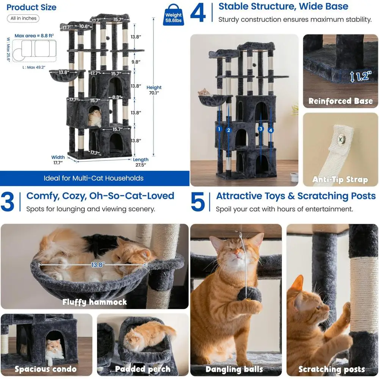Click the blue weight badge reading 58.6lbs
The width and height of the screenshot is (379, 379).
173,15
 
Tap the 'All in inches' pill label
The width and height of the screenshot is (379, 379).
23,18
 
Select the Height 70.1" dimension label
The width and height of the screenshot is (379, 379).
154,90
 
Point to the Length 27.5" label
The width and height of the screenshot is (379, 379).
141,162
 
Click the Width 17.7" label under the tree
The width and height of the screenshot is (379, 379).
58,160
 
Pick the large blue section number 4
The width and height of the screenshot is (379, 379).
198,13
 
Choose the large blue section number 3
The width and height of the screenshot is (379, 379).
7,202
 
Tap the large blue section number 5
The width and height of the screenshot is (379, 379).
198,202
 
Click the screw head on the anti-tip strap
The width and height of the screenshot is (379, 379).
341,139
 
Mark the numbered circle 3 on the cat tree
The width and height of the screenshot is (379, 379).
261,129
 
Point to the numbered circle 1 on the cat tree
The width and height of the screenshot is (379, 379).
219,129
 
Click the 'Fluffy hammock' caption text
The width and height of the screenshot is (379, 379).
94,302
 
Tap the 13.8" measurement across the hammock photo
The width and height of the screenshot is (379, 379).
98,265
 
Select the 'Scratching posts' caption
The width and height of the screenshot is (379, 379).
332,369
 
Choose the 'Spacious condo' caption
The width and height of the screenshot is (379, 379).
46,369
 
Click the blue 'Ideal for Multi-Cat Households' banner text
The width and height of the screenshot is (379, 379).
94,179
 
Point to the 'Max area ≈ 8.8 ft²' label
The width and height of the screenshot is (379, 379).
34,36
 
